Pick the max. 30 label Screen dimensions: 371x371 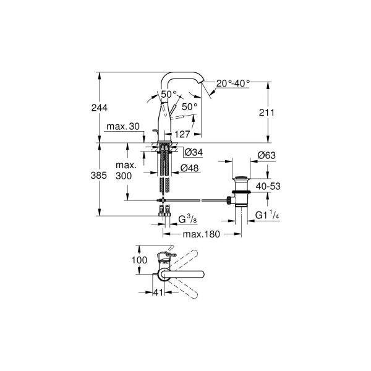(x=122, y=127)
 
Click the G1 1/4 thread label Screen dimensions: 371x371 (x=268, y=216)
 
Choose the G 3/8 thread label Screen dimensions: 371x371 (x=187, y=220)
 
